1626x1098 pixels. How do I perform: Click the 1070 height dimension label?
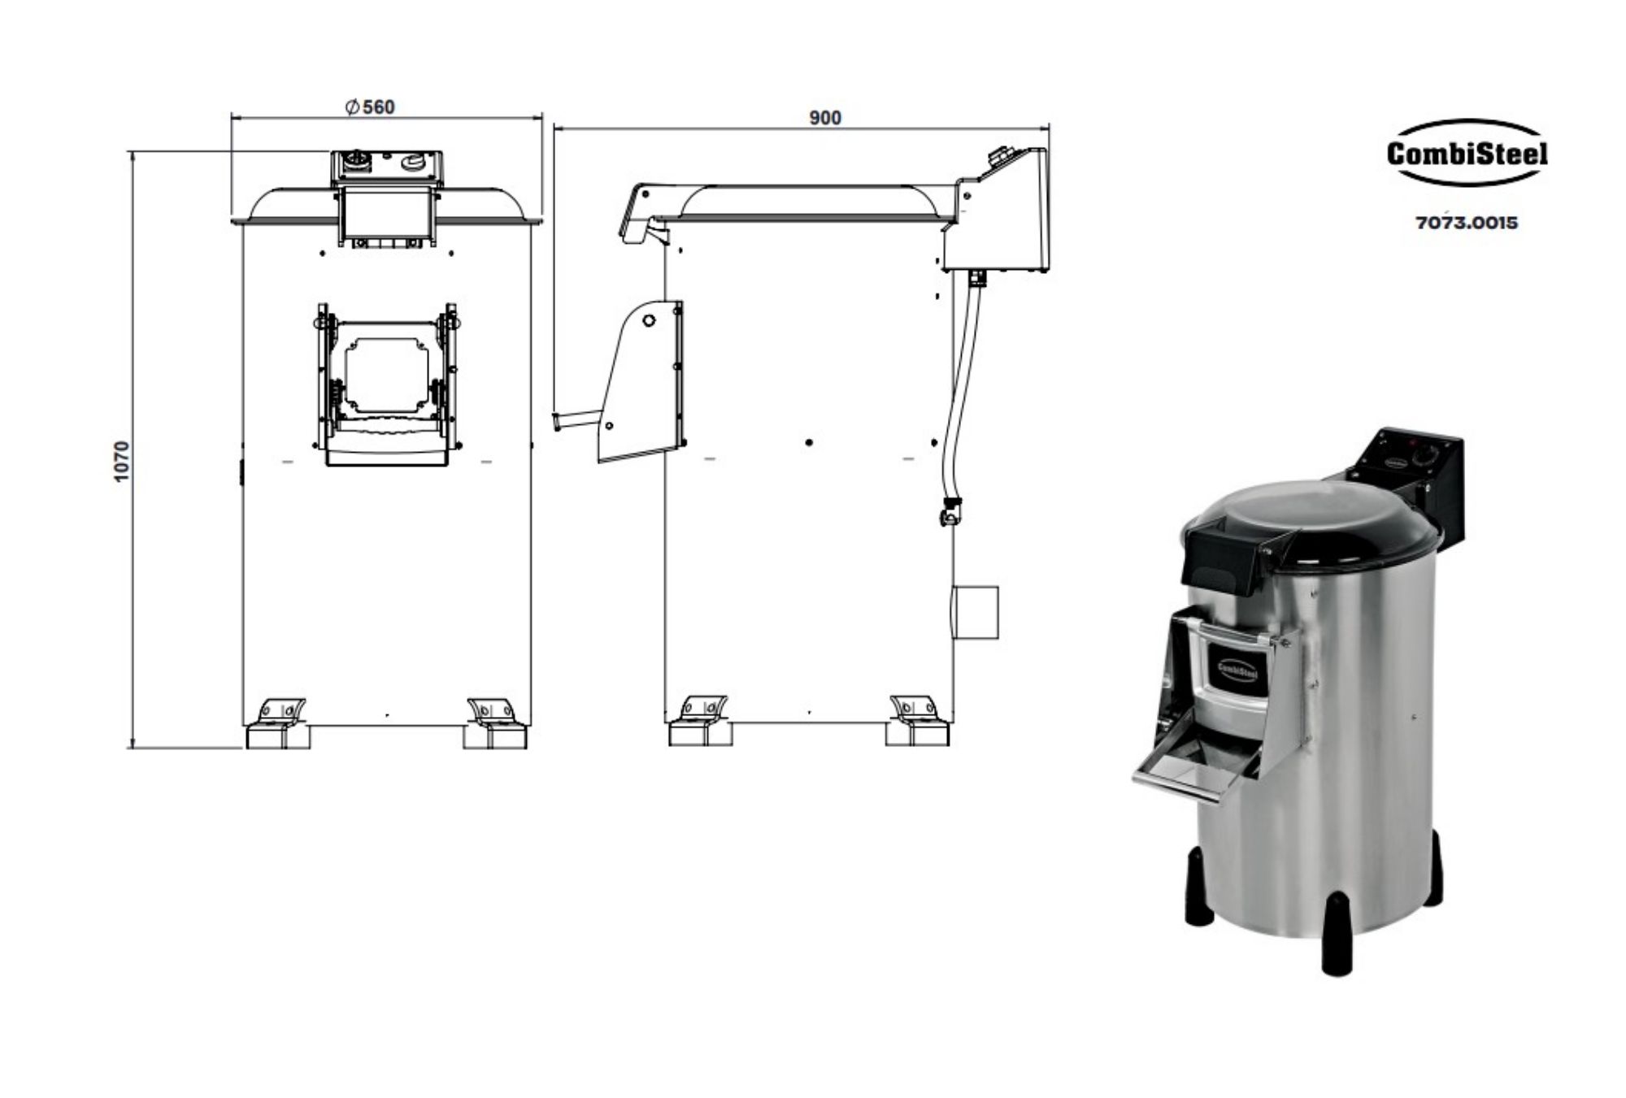click(122, 461)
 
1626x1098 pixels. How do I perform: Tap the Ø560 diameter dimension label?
click(371, 107)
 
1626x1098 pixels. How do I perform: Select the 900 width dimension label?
click(824, 118)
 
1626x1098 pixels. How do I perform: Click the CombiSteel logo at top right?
click(1467, 154)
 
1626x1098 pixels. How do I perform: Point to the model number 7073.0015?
click(1467, 223)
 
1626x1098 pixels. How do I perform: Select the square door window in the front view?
click(386, 375)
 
